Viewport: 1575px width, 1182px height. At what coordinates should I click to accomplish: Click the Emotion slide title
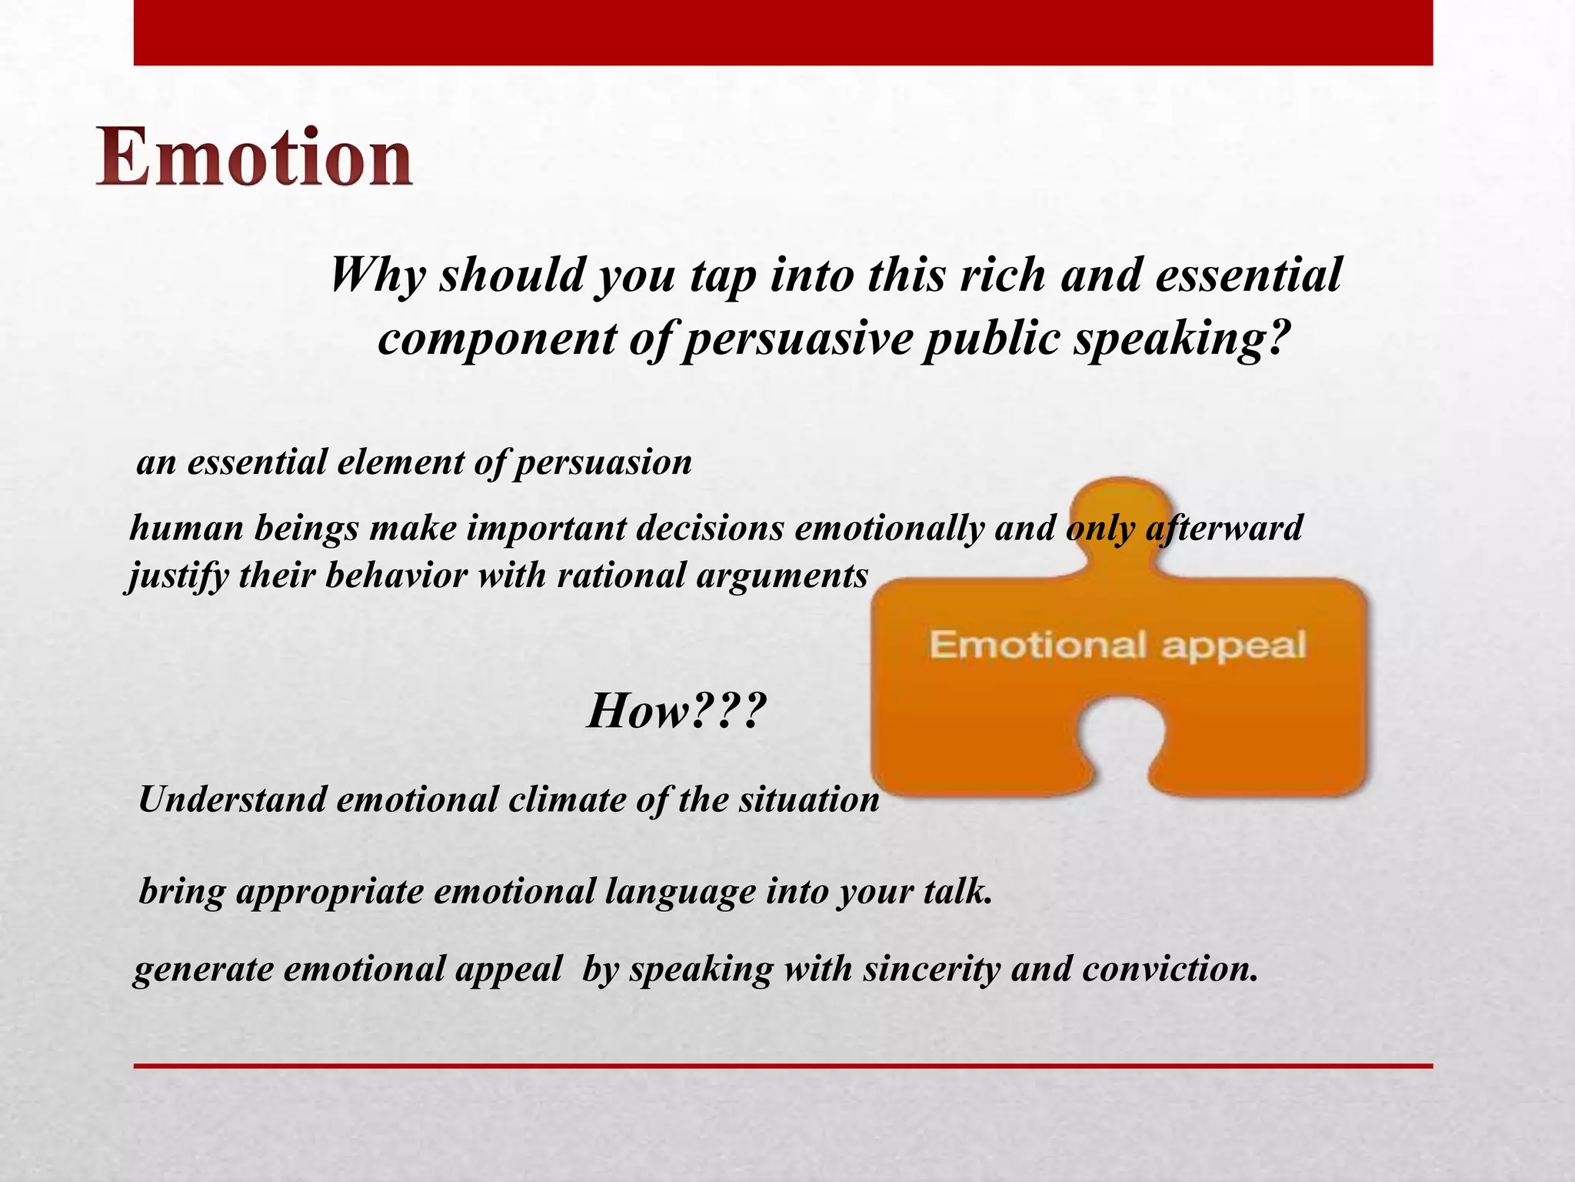coord(254,158)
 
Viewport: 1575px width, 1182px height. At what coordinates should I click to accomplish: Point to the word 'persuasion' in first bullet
coord(602,462)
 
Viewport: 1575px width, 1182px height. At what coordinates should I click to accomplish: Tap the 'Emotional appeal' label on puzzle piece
coord(1117,644)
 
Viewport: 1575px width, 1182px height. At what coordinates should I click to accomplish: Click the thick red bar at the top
coord(783,32)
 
